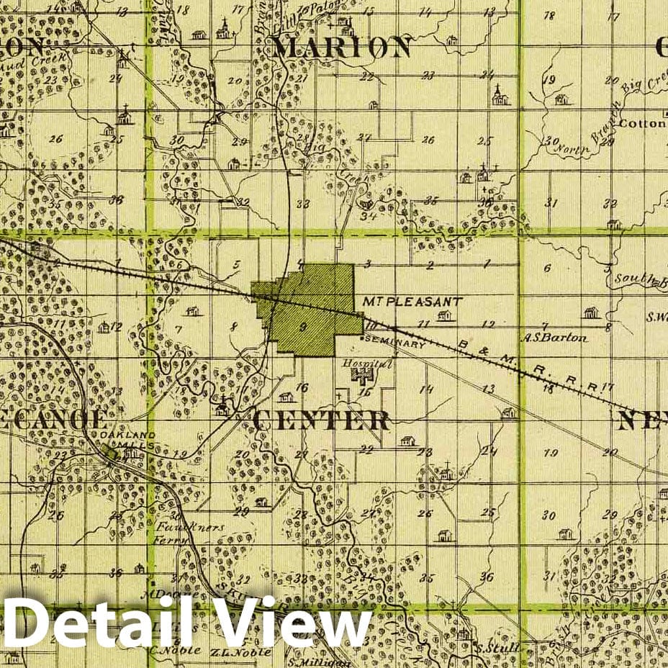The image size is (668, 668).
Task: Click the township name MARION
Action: [343, 48]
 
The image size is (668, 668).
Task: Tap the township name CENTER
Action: [322, 420]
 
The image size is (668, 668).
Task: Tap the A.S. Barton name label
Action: [555, 337]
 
